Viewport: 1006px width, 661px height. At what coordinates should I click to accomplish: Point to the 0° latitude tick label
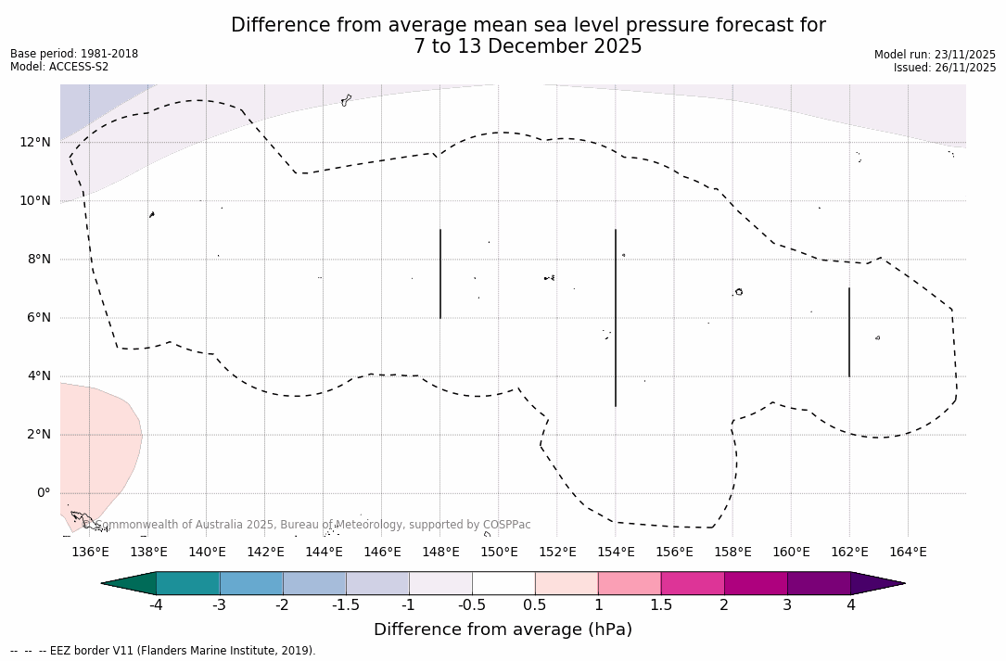[43, 493]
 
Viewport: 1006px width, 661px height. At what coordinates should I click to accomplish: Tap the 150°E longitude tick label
[499, 553]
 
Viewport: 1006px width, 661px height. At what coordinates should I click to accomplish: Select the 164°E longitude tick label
[908, 553]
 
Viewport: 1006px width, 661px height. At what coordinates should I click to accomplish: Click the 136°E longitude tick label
[90, 553]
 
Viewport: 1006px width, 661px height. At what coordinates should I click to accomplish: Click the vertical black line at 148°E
[440, 273]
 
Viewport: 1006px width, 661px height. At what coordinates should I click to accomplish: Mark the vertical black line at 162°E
[849, 332]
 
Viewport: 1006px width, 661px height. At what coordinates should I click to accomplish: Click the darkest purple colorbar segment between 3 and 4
[819, 583]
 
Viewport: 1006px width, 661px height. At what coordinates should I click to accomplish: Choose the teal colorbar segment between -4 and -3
[188, 583]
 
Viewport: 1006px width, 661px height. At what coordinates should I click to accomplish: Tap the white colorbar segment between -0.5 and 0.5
[503, 583]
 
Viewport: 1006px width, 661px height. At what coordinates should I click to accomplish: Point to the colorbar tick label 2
[724, 605]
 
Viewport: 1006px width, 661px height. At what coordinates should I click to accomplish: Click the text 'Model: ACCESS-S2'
[59, 67]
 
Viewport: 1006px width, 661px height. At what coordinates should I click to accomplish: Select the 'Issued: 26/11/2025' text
[945, 68]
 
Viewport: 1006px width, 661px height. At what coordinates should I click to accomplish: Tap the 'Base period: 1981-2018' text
[74, 54]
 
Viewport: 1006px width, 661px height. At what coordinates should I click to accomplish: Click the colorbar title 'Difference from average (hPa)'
[503, 629]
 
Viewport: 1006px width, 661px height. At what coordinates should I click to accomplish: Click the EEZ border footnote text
[163, 651]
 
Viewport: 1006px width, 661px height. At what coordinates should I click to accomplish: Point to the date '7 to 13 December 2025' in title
[528, 46]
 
